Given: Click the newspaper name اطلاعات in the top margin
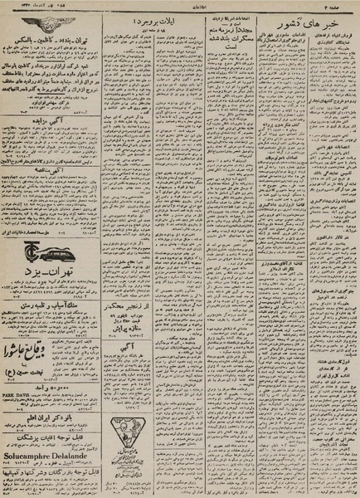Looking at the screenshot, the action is pos(182,7).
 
